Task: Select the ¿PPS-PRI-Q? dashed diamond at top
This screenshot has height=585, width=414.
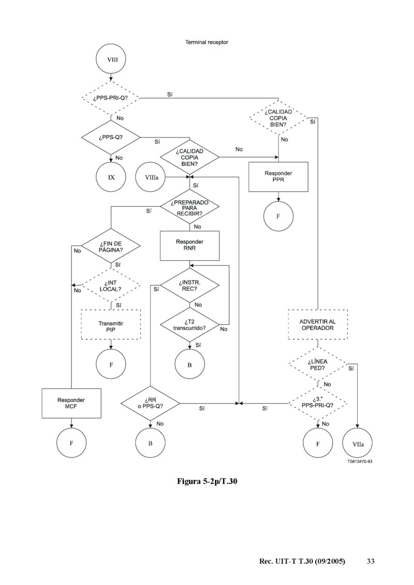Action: coord(111,98)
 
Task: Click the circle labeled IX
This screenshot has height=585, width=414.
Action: coord(111,177)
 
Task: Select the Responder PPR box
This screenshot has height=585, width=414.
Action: coord(278,177)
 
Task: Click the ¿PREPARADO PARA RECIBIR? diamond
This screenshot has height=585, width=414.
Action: coord(189,207)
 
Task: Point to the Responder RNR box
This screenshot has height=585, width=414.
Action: coord(189,245)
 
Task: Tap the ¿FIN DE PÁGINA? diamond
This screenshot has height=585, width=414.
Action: coord(111,245)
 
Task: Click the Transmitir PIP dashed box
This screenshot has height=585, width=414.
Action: coord(111,324)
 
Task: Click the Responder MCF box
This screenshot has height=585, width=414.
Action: coord(71,403)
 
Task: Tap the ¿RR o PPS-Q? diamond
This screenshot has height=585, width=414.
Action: coord(151,403)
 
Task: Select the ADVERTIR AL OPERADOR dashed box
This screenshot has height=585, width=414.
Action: coord(317,324)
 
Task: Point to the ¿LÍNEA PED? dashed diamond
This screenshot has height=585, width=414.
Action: coord(317,364)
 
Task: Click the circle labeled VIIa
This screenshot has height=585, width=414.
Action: coord(358,443)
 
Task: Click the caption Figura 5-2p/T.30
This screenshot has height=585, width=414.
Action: coord(207,482)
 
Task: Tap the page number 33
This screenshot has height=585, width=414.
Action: coord(371,561)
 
